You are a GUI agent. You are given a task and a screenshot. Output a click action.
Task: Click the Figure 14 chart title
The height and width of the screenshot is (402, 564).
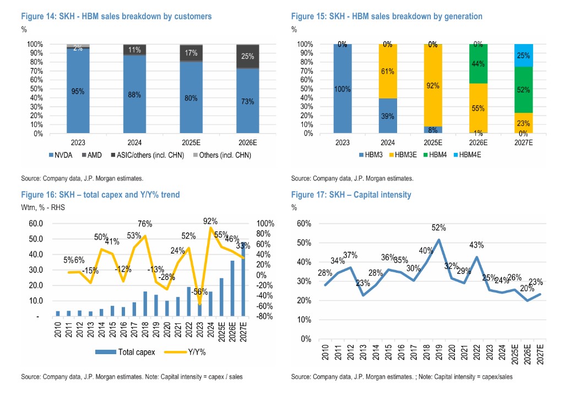(x=116, y=16)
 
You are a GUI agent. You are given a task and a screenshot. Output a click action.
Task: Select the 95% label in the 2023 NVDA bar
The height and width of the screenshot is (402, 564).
(x=78, y=91)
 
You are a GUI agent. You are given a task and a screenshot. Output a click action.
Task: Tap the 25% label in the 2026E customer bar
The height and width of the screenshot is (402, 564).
(x=248, y=56)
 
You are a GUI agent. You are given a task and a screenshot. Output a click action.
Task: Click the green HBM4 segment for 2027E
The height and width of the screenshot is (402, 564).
(x=524, y=89)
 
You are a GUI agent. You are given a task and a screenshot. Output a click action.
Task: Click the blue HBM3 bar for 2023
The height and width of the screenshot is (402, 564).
(x=343, y=89)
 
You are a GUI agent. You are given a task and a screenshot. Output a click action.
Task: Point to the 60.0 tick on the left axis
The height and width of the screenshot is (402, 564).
(x=35, y=223)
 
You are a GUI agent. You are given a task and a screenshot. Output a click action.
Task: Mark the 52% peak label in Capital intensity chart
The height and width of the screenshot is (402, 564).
(x=438, y=228)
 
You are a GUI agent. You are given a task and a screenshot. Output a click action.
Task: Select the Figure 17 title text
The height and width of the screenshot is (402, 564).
(x=351, y=195)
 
